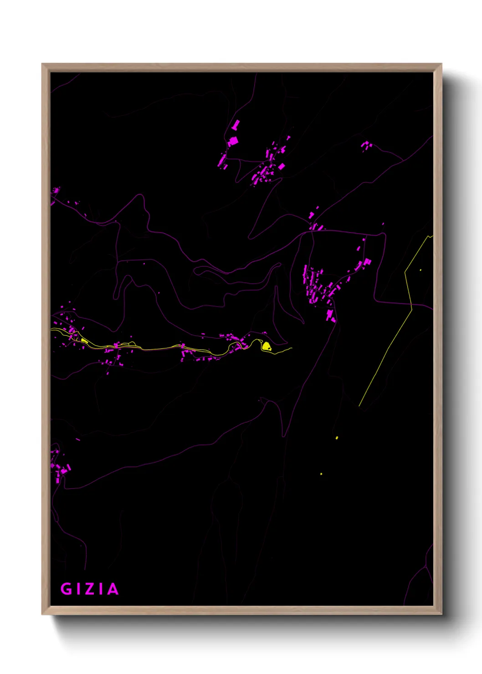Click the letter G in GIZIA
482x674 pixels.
pos(66,589)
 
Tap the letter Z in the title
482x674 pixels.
pos(89,589)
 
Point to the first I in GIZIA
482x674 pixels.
pos(78,589)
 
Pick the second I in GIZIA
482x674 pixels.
pos(101,589)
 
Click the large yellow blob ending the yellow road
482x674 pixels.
pos(267,347)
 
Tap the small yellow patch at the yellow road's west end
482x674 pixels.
pos(84,340)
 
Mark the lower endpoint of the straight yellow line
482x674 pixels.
pos(359,406)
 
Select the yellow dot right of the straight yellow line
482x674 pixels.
pos(420,270)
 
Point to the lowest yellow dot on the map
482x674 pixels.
pos(321,474)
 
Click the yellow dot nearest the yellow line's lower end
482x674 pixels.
pos(337,438)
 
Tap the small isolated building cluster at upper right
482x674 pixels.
pos(366,146)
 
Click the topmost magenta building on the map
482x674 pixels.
pos(236,124)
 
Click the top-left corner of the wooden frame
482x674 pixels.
pos(42,64)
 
